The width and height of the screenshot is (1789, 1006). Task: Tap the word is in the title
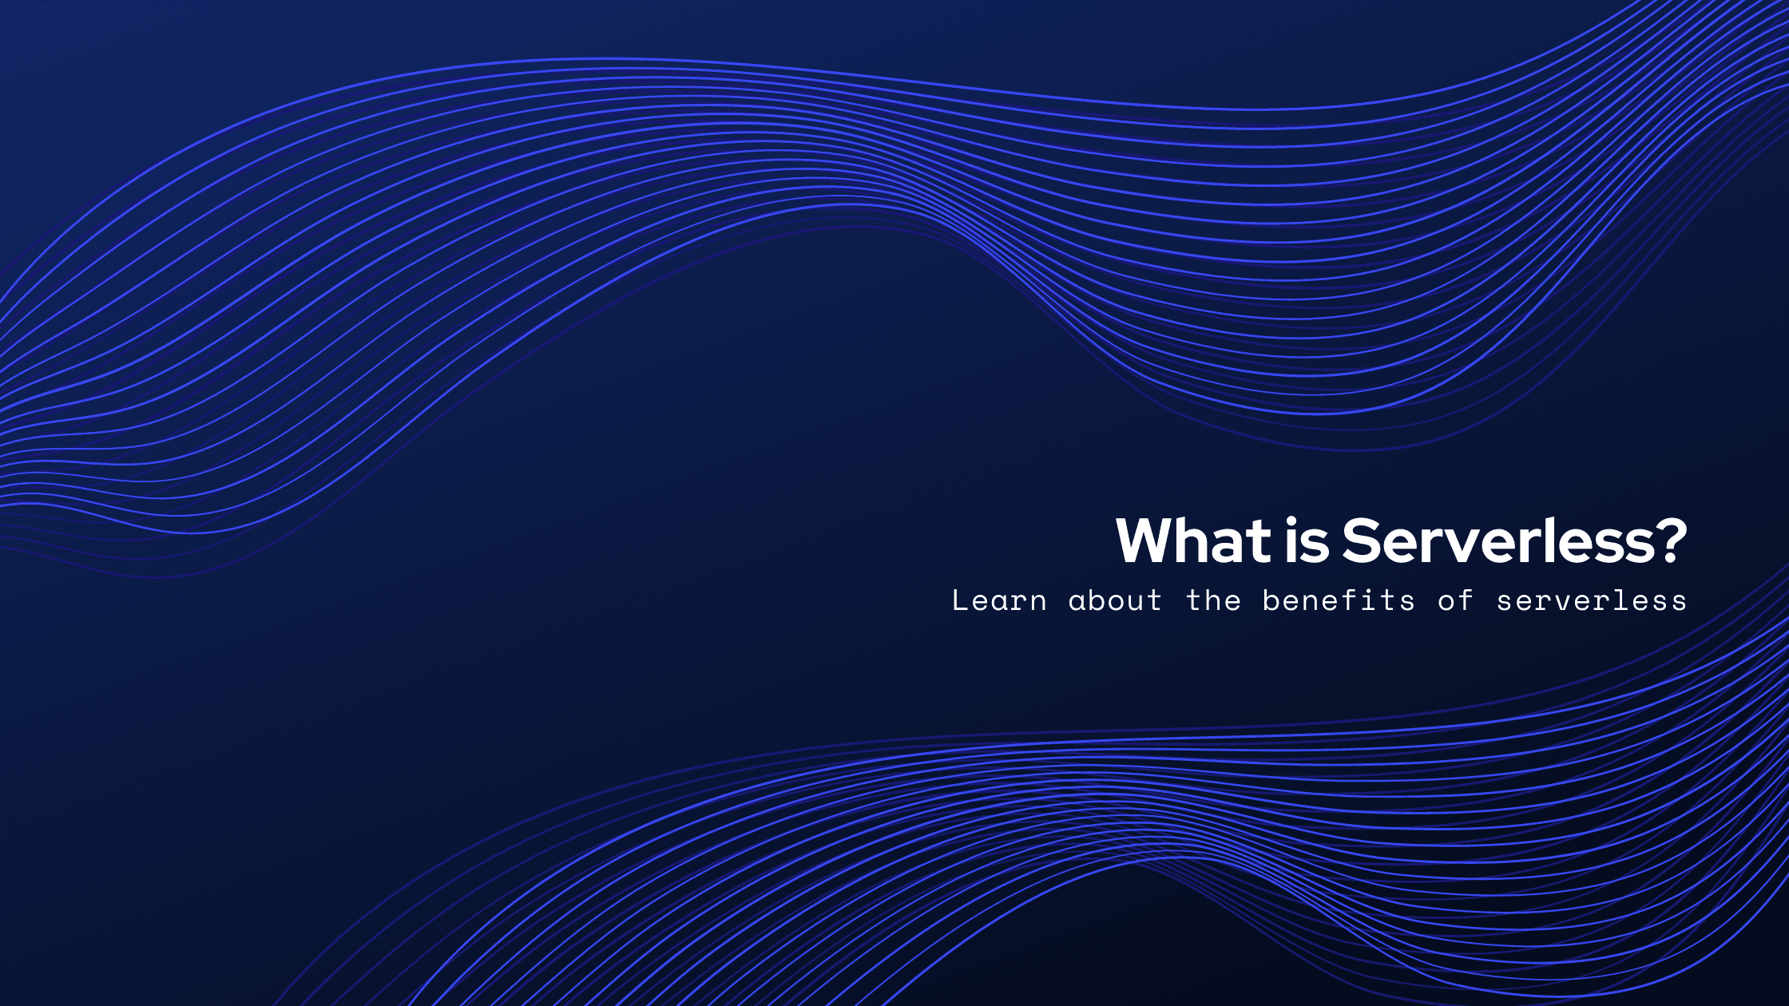coord(1307,541)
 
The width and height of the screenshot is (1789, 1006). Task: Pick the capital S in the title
coord(1362,541)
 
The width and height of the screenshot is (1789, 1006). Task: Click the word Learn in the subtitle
coord(999,600)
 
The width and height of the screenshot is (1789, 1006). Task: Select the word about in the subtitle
coord(1115,600)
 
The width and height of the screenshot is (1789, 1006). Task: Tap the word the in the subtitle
coord(1213,600)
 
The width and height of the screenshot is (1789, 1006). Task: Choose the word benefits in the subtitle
coord(1339,600)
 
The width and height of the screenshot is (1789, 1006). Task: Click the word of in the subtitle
coord(1455,600)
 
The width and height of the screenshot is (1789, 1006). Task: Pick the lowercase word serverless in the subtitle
coord(1591,600)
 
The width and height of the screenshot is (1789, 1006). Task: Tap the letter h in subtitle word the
coord(1213,600)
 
